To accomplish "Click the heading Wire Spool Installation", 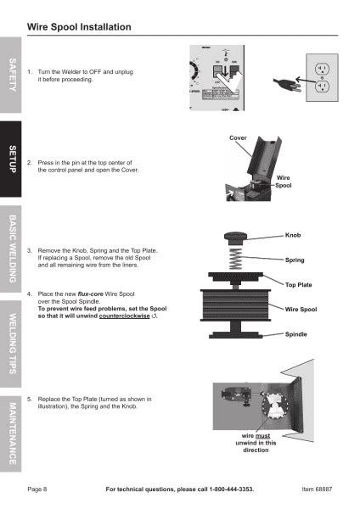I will point(79,27).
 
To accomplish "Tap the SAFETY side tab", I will point(12,77).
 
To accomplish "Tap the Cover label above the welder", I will point(238,137).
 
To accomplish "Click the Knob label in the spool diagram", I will point(294,234).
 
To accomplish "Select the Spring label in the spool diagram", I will point(295,260).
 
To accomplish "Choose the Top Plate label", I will point(298,284).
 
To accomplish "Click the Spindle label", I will point(296,334).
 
